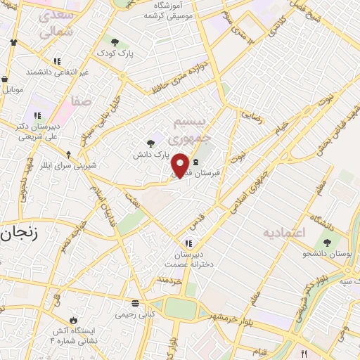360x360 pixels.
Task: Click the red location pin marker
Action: [181, 165]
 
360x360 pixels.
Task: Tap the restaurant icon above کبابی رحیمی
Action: [133, 304]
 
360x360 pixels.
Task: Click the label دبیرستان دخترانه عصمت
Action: [186, 259]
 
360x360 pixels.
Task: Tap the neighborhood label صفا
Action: [81, 102]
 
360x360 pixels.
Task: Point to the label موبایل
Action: [13, 90]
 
